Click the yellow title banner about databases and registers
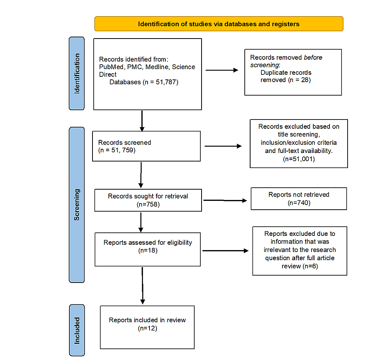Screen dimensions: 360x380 click(219, 24)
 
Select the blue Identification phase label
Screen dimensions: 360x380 click(77, 73)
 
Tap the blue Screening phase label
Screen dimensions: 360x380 click(77, 205)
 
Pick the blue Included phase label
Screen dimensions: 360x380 click(77, 330)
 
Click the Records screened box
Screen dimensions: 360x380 click(146, 146)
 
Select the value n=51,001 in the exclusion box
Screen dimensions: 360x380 click(298, 158)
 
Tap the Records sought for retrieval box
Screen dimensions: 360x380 click(148, 200)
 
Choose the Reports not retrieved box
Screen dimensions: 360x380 click(299, 199)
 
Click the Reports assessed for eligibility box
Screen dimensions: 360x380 click(148, 249)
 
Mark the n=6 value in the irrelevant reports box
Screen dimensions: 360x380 click(309, 266)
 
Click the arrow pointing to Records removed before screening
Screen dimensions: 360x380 click(222, 71)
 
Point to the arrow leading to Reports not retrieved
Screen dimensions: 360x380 click(225, 200)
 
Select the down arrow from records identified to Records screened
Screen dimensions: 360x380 click(142, 120)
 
